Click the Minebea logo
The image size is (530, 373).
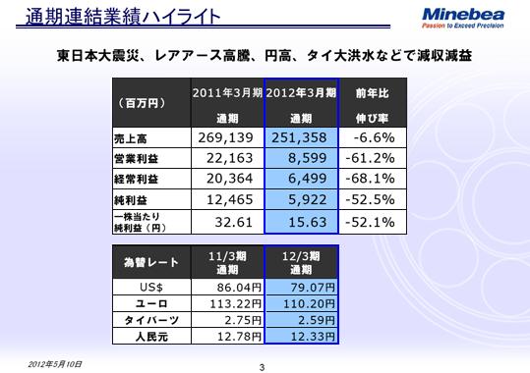click(466, 17)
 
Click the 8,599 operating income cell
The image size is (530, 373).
click(302, 158)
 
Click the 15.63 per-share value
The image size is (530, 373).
click(304, 222)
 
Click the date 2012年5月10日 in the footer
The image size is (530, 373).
click(55, 362)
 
